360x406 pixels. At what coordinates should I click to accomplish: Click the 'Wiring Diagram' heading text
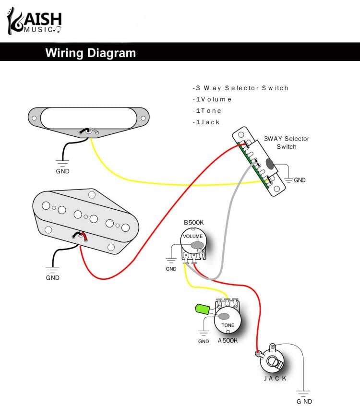pos(90,53)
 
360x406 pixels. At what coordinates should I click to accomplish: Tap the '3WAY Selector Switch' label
pos(286,143)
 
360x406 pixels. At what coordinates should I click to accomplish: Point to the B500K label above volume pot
pos(193,223)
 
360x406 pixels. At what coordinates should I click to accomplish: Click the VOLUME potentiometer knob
pos(192,240)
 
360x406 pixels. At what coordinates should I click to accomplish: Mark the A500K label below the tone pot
pos(228,340)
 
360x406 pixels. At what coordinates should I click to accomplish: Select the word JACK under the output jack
pos(275,379)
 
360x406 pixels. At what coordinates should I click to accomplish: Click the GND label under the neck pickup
pos(63,171)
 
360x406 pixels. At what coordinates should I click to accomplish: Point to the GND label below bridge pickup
pos(53,277)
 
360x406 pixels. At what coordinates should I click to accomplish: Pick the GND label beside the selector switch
pos(300,180)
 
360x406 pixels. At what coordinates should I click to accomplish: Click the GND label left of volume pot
pos(171,269)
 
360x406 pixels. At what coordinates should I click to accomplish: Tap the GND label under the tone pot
pos(204,341)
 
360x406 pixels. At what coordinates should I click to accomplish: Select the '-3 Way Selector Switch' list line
pos(240,88)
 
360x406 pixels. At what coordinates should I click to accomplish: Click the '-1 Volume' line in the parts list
pos(212,99)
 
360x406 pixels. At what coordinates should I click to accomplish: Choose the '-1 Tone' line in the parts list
pos(207,111)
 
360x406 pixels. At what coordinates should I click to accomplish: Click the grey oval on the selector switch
pos(270,165)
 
